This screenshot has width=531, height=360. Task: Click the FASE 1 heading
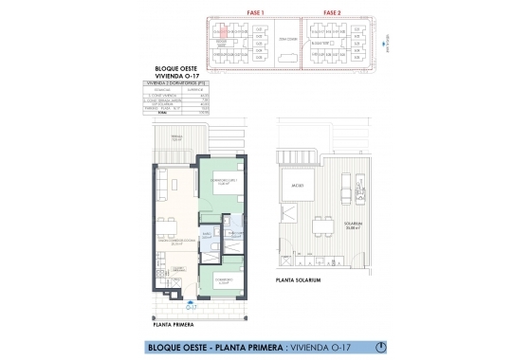(254, 12)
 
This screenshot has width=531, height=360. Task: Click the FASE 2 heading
(332, 12)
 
